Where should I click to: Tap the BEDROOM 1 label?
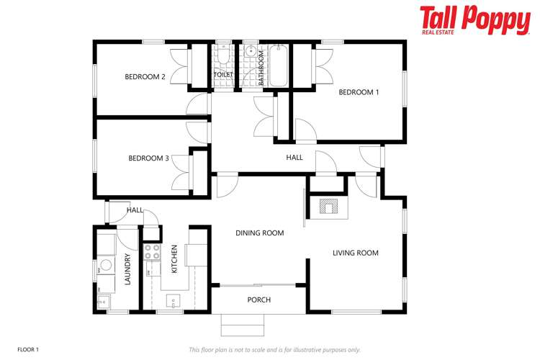point(358,92)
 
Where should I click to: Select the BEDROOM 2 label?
point(145,76)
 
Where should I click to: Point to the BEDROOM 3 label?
point(148,158)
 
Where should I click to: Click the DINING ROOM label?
point(260,233)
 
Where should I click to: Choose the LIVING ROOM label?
point(355,253)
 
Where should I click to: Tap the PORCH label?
point(258,300)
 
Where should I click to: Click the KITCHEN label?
point(174,259)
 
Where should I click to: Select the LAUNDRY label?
point(127,270)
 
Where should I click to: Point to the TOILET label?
point(222,75)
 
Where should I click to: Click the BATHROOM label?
point(261,66)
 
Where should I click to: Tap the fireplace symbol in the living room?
point(328,207)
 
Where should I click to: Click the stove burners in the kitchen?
point(153,252)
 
